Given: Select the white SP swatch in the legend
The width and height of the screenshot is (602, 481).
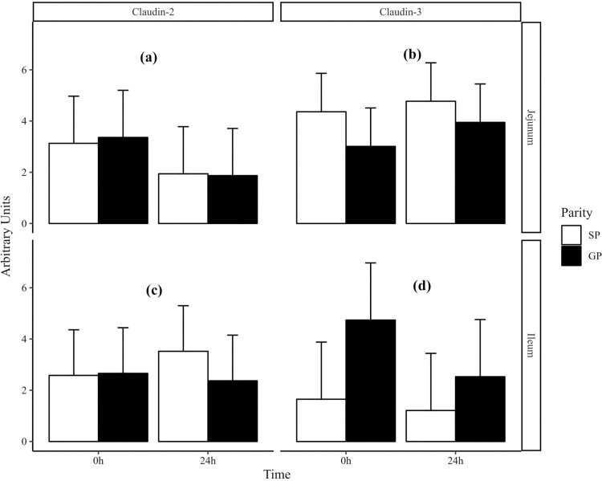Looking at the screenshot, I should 571,235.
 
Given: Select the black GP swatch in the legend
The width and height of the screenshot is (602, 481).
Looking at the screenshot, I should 571,256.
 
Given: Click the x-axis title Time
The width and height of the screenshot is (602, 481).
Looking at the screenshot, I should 278,475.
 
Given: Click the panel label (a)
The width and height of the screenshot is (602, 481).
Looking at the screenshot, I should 148,57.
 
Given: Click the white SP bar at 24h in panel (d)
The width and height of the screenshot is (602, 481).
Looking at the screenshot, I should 431,426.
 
